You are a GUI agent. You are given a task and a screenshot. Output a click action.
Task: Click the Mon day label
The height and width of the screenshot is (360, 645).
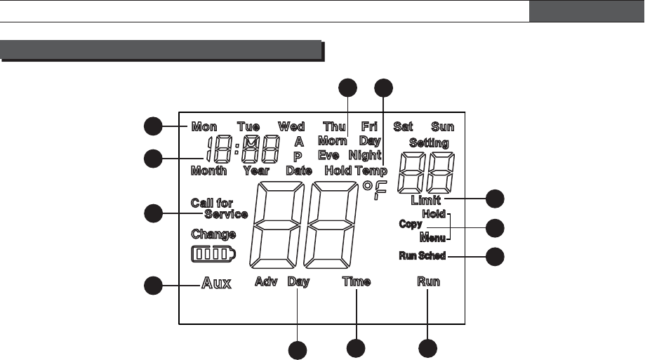tap(204, 127)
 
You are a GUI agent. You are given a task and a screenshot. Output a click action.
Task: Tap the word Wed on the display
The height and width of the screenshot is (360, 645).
tap(291, 127)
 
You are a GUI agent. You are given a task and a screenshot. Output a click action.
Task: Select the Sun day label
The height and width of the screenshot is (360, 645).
tap(443, 127)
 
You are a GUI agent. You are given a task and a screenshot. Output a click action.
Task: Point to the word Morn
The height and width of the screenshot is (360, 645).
tap(332, 141)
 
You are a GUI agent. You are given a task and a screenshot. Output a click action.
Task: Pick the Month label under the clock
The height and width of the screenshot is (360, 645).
tap(208, 171)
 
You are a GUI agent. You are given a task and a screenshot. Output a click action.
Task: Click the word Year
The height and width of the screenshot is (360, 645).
tap(256, 171)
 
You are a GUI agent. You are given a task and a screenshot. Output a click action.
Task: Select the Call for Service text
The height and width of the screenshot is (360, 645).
tap(219, 209)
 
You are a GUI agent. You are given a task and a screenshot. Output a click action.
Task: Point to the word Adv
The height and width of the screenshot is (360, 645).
tap(266, 282)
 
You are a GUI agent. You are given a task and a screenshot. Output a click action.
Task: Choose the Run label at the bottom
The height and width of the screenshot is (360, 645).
tap(428, 282)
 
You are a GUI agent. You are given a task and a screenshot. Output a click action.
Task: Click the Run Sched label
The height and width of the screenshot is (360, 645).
tap(422, 255)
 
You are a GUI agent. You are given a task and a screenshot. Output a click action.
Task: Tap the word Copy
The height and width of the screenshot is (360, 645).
tap(410, 225)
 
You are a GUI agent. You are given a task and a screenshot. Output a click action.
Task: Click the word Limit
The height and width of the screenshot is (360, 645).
tap(425, 201)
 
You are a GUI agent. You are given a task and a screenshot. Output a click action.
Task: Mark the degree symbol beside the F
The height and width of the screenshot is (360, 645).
tap(367, 187)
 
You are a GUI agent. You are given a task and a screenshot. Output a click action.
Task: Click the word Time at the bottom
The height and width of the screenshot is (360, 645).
tap(357, 282)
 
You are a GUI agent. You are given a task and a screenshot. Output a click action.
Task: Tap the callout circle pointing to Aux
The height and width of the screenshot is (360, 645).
tap(153, 285)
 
